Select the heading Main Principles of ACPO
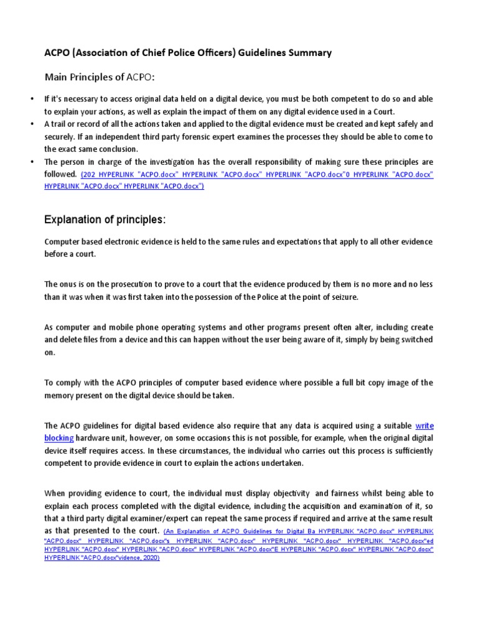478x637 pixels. click(99, 77)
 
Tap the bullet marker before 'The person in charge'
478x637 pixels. click(32, 162)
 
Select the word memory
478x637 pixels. click(60, 395)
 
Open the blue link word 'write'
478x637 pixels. click(424, 425)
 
